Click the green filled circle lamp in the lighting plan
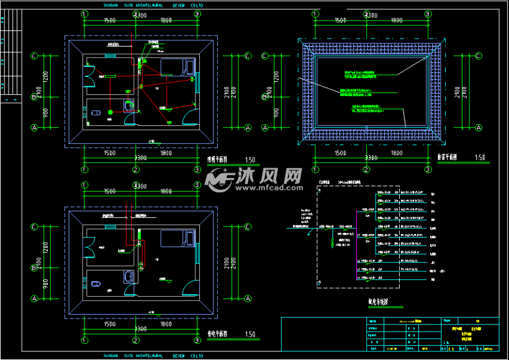110,112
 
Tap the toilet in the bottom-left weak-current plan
96,284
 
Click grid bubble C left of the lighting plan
35,56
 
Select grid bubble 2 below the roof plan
367,169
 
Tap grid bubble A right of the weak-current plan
248,298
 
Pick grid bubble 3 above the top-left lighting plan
197,13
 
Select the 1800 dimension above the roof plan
396,20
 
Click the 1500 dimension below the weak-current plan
109,324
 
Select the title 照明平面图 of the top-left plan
217,159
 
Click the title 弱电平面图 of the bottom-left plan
217,334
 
